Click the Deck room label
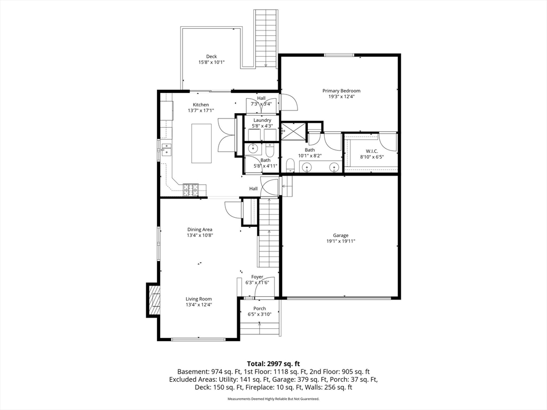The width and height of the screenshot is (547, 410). tap(212, 57)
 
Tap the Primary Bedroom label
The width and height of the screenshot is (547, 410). tap(341, 91)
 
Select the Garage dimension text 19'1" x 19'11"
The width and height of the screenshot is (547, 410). tap(340, 241)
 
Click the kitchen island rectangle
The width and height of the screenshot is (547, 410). tap(201, 143)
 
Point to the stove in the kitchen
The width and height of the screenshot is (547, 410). tap(191, 190)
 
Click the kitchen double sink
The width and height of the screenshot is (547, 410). tap(166, 149)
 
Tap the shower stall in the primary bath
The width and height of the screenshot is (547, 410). tap(293, 130)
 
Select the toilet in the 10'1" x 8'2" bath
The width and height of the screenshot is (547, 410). tap(290, 165)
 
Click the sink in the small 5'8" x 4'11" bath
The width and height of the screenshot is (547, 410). tap(253, 149)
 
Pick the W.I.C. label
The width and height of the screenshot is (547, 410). tap(372, 151)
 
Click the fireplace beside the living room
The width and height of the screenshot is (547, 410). tap(154, 300)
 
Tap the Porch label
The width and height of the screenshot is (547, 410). tap(260, 309)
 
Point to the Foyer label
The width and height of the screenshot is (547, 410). tap(257, 277)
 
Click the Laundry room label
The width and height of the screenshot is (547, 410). tap(262, 120)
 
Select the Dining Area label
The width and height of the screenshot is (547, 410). tap(200, 230)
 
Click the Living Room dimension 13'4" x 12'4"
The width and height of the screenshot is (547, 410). tap(199, 305)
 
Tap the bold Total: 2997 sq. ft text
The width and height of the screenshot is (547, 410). tap(273, 364)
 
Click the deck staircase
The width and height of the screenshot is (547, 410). tap(266, 38)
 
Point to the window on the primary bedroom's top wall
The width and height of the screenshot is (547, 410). tap(339, 55)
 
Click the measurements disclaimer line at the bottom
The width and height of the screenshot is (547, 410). tap(273, 399)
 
